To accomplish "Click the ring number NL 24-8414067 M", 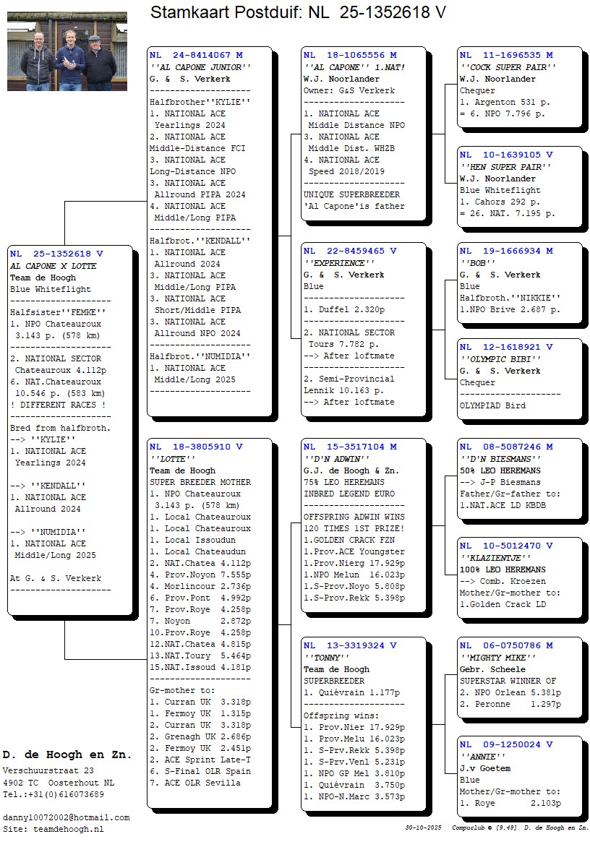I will coord(196,55).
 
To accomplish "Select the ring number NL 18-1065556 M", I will coord(350,55).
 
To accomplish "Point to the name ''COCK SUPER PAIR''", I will coord(508,67).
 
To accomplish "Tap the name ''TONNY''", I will coord(326,658).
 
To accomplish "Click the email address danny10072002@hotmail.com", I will coord(66,817).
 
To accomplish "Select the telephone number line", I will coord(53,794).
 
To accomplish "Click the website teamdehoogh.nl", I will coord(66,829).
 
